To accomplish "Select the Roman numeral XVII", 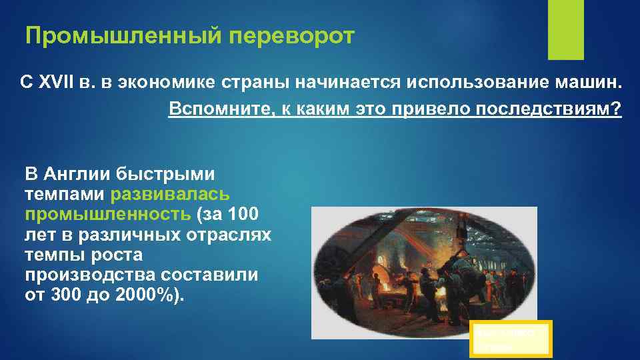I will coord(60,83).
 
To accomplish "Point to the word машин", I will coord(589,83).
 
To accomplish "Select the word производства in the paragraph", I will coord(78,275).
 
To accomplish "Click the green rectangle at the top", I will coord(565,30).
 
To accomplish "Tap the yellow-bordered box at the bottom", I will coord(510,338).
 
